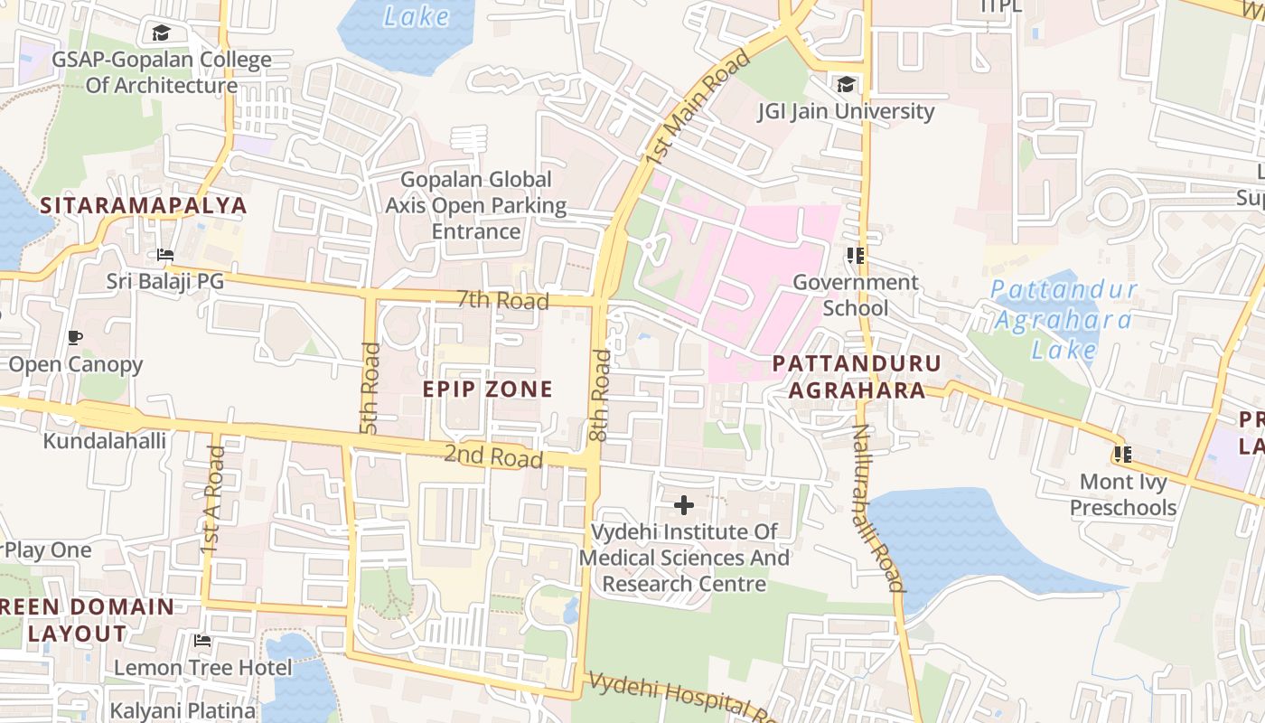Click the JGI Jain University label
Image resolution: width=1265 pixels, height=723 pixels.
pos(846,111)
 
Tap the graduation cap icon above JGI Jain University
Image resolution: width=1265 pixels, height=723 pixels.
pos(846,84)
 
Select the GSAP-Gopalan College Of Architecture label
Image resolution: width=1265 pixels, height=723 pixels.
pos(162,73)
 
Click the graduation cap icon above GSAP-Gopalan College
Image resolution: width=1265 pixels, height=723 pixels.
pos(161,33)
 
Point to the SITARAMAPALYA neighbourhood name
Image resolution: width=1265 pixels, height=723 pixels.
pos(144,205)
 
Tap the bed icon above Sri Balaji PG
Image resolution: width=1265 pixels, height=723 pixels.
pos(164,254)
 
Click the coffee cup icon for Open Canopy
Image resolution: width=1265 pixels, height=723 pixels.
pos(75,338)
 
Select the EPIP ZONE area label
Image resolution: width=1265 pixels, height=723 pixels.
pos(488,389)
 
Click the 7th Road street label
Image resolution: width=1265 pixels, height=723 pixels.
pos(502,299)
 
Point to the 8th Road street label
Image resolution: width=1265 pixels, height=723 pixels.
pos(600,395)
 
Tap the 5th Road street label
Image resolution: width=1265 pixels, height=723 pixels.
pos(370,388)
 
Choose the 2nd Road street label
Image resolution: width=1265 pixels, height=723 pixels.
pos(493,456)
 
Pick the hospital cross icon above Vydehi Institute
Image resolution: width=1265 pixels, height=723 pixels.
pos(684,504)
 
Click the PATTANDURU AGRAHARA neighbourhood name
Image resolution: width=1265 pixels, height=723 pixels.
pos(857,376)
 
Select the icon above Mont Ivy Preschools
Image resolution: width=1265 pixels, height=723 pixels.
pos(1123,454)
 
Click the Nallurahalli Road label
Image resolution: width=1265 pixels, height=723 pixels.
pos(874,508)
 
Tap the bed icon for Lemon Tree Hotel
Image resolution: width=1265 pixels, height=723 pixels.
pos(202,641)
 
